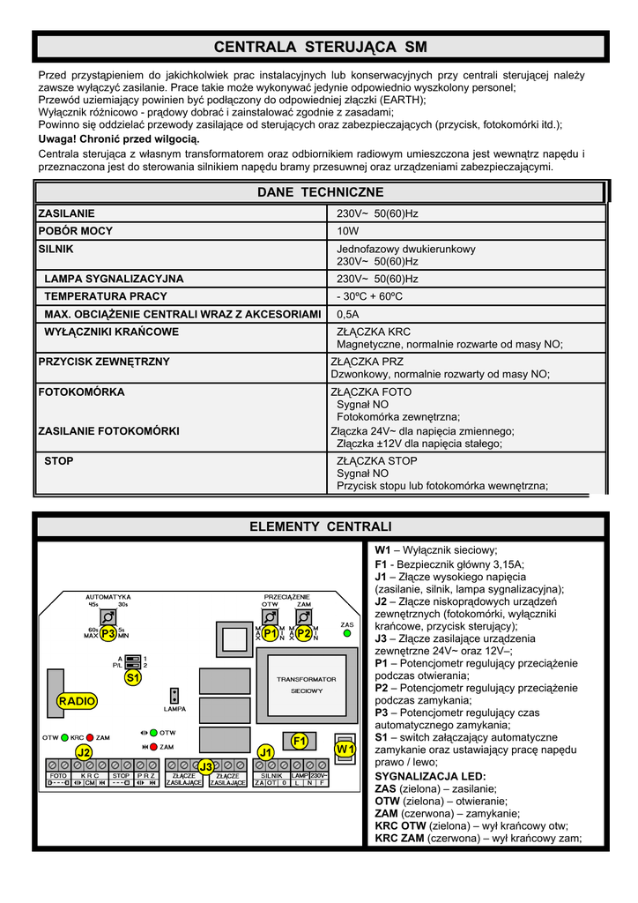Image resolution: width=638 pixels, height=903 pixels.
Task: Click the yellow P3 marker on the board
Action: coord(108,633)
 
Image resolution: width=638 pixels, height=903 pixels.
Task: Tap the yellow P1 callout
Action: coord(271,633)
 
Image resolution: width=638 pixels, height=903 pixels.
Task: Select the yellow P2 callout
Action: coord(303,633)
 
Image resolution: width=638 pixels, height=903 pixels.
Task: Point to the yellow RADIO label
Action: coord(77,701)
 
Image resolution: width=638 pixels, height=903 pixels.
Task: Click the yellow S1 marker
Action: coord(132,678)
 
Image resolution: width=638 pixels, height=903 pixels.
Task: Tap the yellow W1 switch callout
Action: coord(345,750)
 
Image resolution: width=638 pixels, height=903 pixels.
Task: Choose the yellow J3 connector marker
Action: coord(205,766)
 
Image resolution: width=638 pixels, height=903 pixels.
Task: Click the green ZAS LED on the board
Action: coord(347,633)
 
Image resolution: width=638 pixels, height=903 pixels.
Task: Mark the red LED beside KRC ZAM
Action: coord(90,737)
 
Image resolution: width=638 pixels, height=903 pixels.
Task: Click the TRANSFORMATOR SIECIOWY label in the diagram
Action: coord(307,684)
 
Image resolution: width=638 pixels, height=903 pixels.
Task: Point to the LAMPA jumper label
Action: coord(174,709)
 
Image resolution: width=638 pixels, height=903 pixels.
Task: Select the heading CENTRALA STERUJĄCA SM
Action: coord(320,47)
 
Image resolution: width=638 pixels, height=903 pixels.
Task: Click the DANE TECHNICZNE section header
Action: coord(320,192)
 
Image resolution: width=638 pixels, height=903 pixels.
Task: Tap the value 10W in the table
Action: coord(348,231)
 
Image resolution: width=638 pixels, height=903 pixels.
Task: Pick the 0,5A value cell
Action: coord(348,314)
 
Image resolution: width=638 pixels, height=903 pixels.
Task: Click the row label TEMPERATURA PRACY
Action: coord(106,296)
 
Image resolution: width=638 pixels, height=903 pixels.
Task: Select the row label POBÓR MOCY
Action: coord(75,231)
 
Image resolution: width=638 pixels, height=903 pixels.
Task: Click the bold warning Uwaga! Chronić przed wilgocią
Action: coord(119,139)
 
